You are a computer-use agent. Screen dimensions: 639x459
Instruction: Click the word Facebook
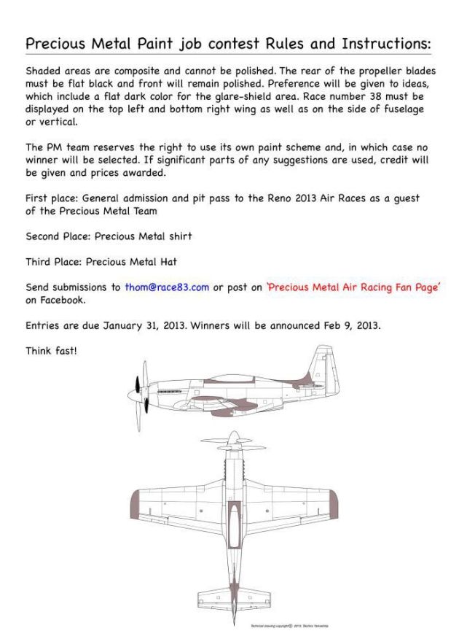(63, 299)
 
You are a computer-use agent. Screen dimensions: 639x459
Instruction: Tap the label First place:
(52, 198)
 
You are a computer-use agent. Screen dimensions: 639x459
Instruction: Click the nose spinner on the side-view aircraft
(132, 394)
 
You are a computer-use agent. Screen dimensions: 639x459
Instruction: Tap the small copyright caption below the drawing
(281, 626)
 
